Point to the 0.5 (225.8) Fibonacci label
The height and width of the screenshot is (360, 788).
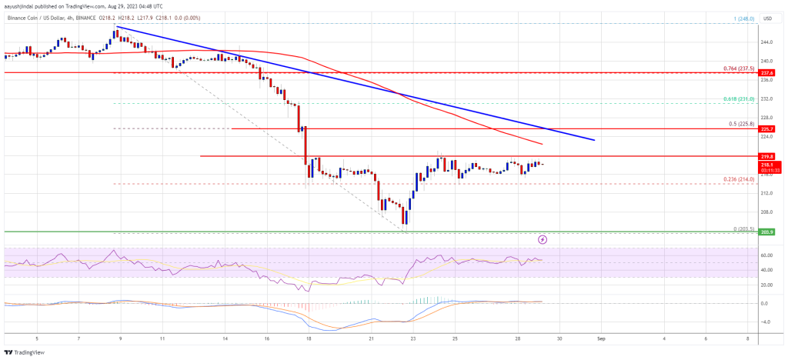tap(744, 123)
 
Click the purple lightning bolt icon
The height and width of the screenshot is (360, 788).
tap(543, 239)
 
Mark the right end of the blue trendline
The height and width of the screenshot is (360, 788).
tap(594, 140)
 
